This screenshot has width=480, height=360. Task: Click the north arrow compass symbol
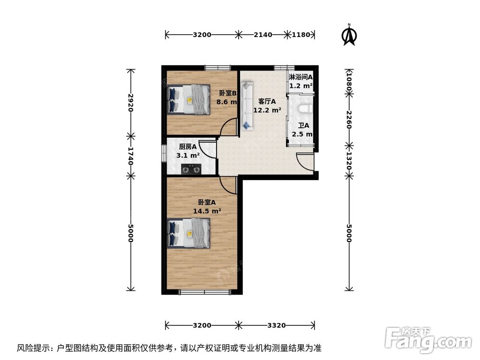tap(348, 36)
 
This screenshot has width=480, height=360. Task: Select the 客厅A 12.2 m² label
tap(267, 106)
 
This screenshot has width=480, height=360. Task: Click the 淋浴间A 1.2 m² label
tap(300, 81)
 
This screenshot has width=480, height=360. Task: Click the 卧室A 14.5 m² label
tap(207, 206)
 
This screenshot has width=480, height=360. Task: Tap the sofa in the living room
tap(247, 106)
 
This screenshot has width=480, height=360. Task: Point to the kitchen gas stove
tap(191, 168)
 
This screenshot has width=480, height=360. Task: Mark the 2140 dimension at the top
tap(263, 35)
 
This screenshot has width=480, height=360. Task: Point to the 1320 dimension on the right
tap(349, 159)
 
